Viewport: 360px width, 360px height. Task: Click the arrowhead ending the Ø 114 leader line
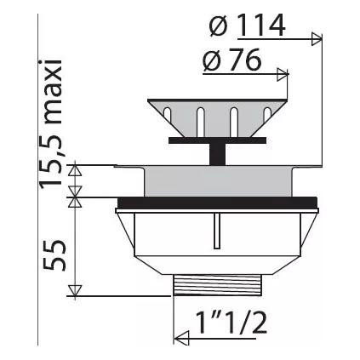(320, 37)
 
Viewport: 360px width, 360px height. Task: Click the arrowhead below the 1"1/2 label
(179, 340)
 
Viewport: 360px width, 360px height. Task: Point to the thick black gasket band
(217, 203)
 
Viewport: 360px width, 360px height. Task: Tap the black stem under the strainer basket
(217, 152)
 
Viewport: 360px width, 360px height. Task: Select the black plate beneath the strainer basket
(217, 136)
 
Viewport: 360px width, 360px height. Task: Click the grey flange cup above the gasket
(217, 181)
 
